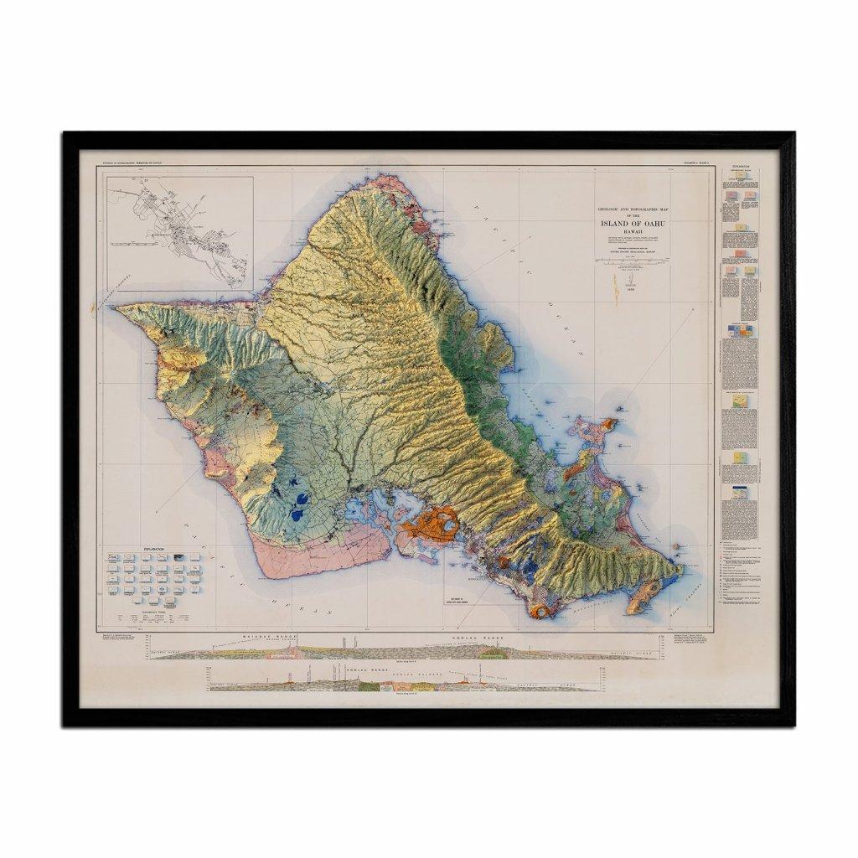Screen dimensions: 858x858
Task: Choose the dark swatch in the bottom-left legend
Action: [x=111, y=559]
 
